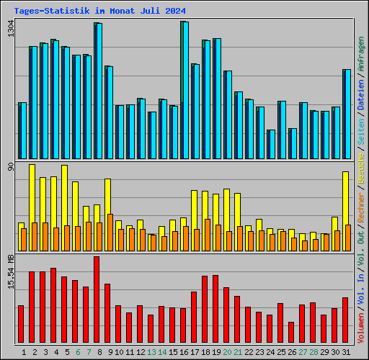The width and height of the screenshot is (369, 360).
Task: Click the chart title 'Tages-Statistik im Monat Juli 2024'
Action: pyautogui.click(x=100, y=11)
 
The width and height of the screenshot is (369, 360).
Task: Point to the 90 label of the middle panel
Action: pyautogui.click(x=10, y=167)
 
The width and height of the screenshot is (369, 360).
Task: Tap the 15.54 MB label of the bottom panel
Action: pyautogui.click(x=10, y=272)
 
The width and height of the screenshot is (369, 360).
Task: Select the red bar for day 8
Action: pyautogui.click(x=97, y=300)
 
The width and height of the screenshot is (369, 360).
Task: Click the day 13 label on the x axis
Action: pyautogui.click(x=151, y=352)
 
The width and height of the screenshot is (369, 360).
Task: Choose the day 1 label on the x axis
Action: pyautogui.click(x=25, y=352)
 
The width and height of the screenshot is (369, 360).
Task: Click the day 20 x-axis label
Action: pyautogui.click(x=226, y=352)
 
